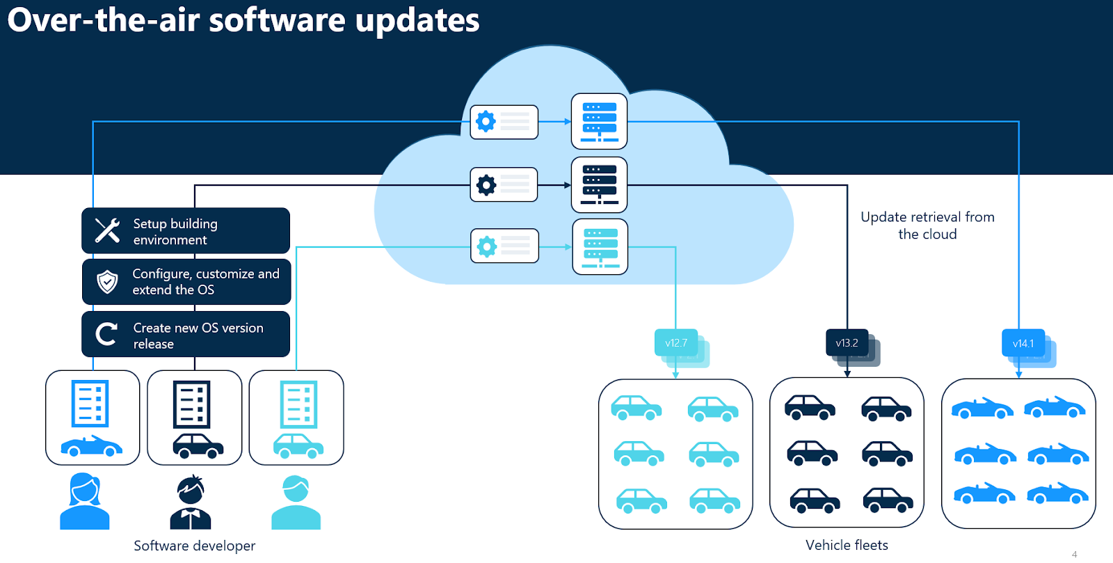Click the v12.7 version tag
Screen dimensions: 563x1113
(675, 343)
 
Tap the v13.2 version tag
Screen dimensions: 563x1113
(847, 343)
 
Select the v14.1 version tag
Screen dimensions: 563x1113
(1023, 343)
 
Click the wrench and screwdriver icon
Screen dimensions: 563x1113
(107, 230)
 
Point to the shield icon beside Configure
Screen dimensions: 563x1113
(107, 282)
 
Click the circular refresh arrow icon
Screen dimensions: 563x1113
(106, 334)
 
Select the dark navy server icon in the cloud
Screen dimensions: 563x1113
(599, 184)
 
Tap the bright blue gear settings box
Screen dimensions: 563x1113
(504, 122)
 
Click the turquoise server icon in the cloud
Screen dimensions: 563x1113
(600, 246)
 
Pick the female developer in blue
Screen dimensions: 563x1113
(85, 501)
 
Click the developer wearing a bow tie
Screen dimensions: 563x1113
(190, 502)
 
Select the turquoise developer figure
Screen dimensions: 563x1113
(296, 502)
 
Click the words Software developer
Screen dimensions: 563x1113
(194, 546)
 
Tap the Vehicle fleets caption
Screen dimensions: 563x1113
(847, 545)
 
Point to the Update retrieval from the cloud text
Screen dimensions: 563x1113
(927, 225)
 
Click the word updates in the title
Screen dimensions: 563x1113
(417, 19)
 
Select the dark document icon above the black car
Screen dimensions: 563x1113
(191, 404)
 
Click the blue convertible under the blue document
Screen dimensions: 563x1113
(91, 446)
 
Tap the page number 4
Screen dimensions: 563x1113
(1074, 555)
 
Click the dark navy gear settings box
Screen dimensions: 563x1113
(504, 184)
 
